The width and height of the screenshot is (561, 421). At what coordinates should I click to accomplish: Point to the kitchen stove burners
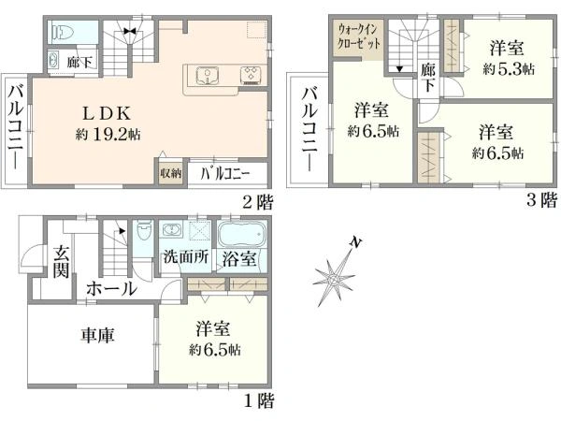click(251, 75)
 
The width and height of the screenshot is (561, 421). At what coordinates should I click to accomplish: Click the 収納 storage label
click(169, 174)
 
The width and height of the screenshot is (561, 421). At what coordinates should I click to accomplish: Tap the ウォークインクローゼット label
click(359, 39)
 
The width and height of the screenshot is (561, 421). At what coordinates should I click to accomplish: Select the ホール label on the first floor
click(112, 289)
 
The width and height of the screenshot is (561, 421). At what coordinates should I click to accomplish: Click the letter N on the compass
click(355, 243)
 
